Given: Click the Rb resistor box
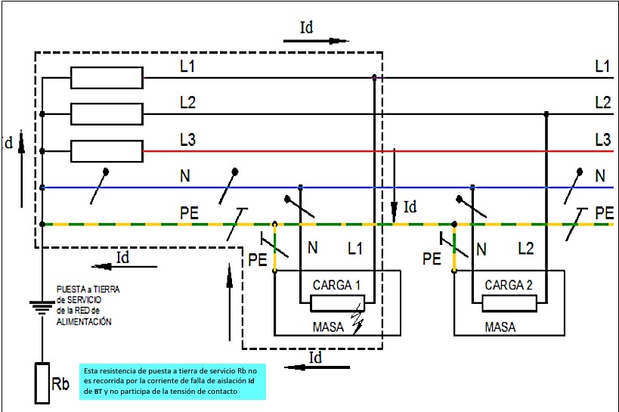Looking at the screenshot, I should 42,383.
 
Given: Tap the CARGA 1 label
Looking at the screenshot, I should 337,286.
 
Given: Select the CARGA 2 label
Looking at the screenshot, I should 509,286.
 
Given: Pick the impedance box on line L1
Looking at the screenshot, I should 107,77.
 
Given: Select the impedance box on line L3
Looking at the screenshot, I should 107,151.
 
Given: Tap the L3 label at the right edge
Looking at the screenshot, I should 602,140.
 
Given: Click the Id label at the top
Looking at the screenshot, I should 307,28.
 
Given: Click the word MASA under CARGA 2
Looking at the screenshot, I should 500,327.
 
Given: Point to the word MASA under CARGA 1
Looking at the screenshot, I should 328,327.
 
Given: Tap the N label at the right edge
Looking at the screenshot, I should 600,177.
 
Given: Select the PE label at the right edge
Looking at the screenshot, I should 604,213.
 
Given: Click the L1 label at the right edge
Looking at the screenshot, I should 602,67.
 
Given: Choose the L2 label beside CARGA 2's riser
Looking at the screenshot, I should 526,247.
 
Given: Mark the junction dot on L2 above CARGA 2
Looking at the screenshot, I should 546,114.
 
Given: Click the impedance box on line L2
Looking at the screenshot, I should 107,114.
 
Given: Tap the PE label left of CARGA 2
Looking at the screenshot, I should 432,259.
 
